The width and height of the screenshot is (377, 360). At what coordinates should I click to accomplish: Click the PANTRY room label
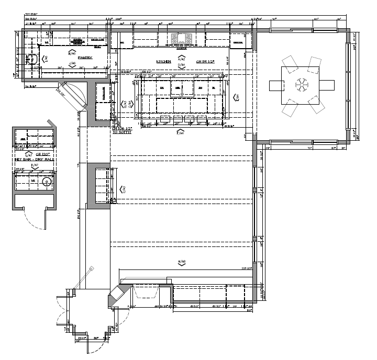point(85,58)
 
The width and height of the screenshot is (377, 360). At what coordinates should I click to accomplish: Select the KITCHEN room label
point(163,61)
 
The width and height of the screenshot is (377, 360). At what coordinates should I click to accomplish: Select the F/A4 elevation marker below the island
point(180,132)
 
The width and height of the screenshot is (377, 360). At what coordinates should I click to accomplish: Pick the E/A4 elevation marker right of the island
point(236,97)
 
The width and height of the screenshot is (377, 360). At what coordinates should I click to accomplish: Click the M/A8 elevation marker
point(182,262)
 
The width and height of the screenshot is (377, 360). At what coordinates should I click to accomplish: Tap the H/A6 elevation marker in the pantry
point(72,53)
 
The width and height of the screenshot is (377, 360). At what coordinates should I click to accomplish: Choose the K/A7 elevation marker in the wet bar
point(35,166)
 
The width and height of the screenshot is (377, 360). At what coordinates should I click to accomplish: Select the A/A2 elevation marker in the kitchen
point(182,59)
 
